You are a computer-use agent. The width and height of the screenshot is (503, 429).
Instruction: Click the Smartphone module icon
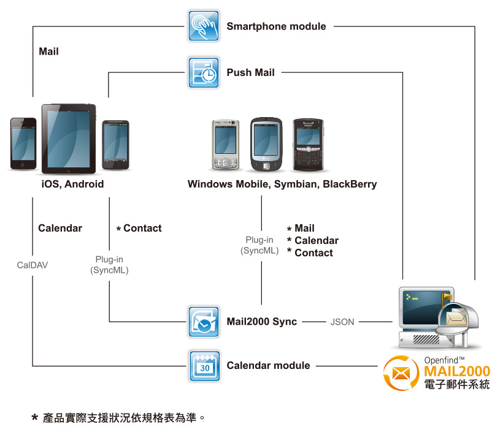pyautogui.click(x=204, y=26)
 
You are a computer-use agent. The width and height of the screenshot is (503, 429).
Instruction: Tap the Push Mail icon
pyautogui.click(x=204, y=72)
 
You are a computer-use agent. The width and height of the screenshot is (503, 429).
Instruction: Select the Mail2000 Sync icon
pyautogui.click(x=204, y=322)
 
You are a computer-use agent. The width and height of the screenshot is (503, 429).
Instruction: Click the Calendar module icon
pyautogui.click(x=204, y=366)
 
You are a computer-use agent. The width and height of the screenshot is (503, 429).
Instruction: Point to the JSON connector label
pyautogui.click(x=342, y=322)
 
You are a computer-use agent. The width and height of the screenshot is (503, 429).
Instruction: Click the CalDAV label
pyautogui.click(x=33, y=265)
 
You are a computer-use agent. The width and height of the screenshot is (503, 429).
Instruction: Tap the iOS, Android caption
pyautogui.click(x=72, y=184)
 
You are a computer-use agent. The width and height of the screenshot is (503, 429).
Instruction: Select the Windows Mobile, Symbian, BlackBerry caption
pyautogui.click(x=282, y=184)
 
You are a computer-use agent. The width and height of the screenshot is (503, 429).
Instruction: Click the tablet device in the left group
pyautogui.click(x=69, y=139)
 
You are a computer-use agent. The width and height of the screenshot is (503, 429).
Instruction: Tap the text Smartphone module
pyautogui.click(x=276, y=26)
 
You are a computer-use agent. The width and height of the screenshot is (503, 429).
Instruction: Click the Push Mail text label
pyautogui.click(x=250, y=72)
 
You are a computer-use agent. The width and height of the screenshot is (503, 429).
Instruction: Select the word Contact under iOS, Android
pyautogui.click(x=142, y=228)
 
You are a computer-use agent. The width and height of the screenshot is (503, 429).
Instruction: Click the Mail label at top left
pyautogui.click(x=48, y=51)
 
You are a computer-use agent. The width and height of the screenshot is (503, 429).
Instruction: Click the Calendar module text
pyautogui.click(x=268, y=366)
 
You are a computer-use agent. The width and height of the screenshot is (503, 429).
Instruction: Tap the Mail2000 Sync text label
pyautogui.click(x=261, y=322)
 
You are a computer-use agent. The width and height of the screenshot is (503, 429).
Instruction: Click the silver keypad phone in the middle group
pyautogui.click(x=225, y=145)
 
